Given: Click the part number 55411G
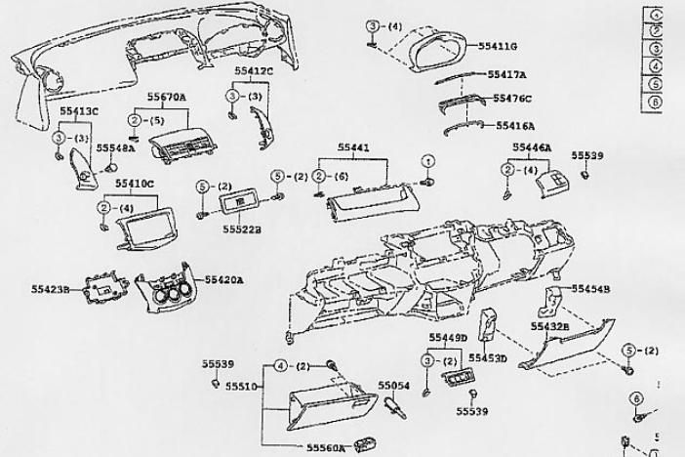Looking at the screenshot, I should (498, 45).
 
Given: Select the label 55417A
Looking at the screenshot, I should (507, 75).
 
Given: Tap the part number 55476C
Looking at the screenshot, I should (512, 99).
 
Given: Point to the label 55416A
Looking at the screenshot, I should (515, 125).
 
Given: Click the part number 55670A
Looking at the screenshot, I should (167, 98).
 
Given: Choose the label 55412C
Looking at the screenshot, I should (254, 71).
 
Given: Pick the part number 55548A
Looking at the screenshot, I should (116, 147).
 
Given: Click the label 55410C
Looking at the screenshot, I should (135, 184).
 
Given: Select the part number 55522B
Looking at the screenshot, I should (241, 229).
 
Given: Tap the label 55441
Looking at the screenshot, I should (353, 147).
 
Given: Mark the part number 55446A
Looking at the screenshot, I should (532, 147).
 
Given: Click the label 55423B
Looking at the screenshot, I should (51, 288).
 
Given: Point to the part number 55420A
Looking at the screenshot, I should (224, 280).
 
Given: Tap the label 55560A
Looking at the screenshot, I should (326, 447).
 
